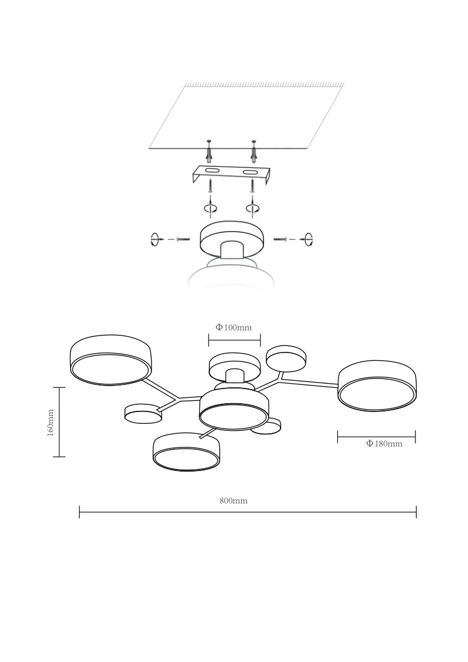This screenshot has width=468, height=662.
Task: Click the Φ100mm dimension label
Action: tap(233, 327)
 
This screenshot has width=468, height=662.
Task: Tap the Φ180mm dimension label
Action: tap(384, 444)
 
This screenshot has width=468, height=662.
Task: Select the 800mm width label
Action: tap(233, 500)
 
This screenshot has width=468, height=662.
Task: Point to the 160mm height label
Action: tap(51, 422)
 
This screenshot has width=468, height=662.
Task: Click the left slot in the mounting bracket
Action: tap(212, 170)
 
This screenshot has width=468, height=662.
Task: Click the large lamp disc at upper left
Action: tap(111, 360)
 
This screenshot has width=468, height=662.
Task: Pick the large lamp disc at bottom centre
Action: tap(186, 452)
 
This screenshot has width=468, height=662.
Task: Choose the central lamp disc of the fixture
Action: tap(233, 410)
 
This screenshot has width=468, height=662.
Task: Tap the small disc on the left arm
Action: tap(143, 413)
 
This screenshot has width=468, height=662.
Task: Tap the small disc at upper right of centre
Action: tap(286, 359)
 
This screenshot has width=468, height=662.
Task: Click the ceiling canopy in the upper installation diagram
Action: tap(232, 240)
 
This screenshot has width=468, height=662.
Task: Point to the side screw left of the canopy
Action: tap(183, 239)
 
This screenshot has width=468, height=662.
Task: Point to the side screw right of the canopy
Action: tap(281, 239)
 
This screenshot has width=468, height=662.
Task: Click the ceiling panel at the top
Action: tap(247, 116)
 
